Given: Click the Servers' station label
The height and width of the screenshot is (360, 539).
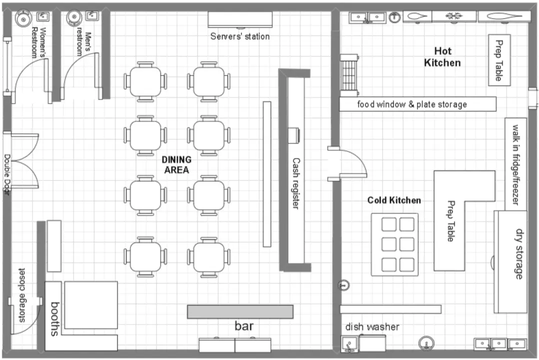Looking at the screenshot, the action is click(240, 36).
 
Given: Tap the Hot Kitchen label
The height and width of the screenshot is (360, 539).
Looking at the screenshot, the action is click(442, 56).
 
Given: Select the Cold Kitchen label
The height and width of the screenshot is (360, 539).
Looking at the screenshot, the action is click(394, 200).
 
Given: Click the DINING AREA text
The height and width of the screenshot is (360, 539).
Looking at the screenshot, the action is click(176, 164).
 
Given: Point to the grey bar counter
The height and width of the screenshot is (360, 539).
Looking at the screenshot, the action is click(240, 311).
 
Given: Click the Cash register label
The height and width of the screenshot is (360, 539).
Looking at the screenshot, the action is click(296, 183).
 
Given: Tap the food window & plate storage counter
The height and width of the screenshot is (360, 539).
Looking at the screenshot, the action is click(417, 104).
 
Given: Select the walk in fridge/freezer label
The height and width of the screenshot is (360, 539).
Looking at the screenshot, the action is click(515, 164).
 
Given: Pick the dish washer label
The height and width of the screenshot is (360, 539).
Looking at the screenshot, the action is click(372, 326).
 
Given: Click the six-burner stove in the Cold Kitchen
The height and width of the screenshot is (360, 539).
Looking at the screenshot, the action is click(394, 244).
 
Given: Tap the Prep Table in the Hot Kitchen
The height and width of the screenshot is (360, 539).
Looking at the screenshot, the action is click(499, 60).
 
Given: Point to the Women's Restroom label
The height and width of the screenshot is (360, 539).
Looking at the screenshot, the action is click(38, 42).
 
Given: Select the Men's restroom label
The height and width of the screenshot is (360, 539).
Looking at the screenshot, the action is click(84, 43).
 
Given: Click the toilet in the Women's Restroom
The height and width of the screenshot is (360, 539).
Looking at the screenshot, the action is click(23, 17).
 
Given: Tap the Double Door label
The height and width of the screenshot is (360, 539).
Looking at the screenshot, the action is click(7, 174).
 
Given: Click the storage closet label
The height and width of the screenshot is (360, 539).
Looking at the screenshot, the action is click(21, 295).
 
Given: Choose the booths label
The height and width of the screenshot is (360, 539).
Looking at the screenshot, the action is click(55, 318).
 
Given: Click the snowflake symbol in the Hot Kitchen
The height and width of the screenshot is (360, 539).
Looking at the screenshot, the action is click(454, 16).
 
